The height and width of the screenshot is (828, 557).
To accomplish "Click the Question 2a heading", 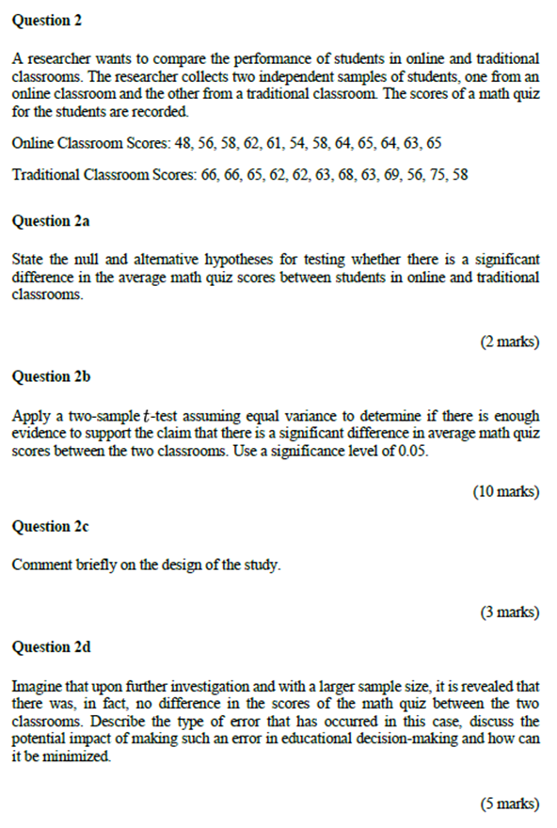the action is tap(52, 222).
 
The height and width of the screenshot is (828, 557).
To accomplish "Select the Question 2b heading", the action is tap(52, 376).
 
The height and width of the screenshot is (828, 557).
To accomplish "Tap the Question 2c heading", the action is tap(51, 527).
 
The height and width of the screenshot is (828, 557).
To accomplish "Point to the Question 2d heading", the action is tap(52, 647).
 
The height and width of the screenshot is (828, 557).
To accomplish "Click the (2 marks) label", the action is tap(510, 342).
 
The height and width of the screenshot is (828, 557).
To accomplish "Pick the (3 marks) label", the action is tap(510, 612).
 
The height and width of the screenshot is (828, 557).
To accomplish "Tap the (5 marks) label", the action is tap(510, 804).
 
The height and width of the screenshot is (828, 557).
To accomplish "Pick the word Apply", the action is tap(32, 415).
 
